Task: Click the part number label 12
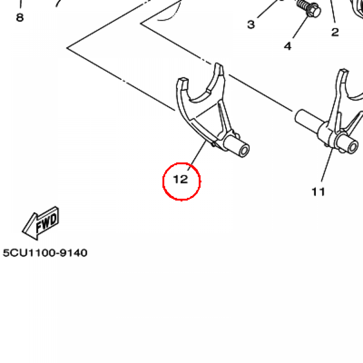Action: tap(180, 179)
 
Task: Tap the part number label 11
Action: tap(318, 192)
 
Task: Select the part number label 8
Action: tap(20, 17)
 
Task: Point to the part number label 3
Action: tap(251, 24)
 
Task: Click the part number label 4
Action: tap(287, 46)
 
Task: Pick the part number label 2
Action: tap(335, 32)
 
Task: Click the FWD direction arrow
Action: tap(41, 223)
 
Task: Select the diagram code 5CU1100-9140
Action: tap(45, 253)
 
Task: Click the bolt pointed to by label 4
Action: tap(309, 9)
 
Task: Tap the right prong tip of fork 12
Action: tap(218, 66)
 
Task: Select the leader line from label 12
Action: tap(197, 155)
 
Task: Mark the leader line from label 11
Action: tap(327, 165)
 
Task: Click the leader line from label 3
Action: tap(267, 9)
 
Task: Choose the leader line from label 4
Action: tap(300, 27)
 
